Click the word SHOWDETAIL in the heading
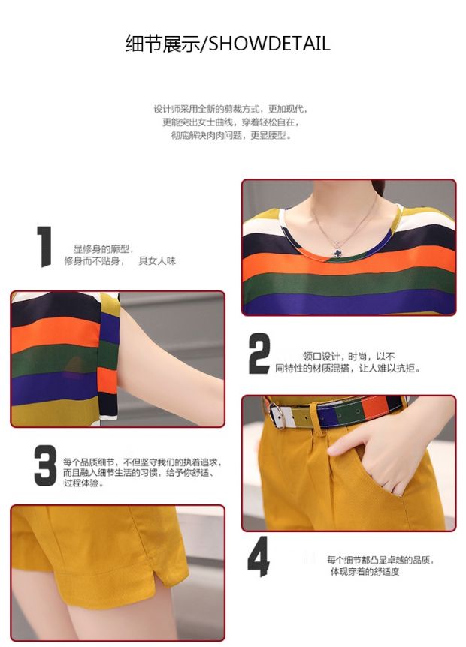pos(269,44)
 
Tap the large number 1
pos(44,246)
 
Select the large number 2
pos(259,354)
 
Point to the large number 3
pos(45,465)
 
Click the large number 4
pos(259,556)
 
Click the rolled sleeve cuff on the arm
pos(108,357)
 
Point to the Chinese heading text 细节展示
pos(162,44)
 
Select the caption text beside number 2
pos(348,362)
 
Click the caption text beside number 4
pos(380,566)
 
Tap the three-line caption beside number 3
pos(142,472)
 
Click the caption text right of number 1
pos(120,255)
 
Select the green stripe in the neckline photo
pos(349,283)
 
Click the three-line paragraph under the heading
pos(230,122)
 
